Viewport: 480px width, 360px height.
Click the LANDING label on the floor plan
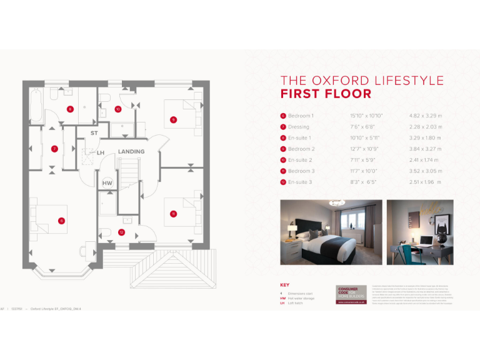[131, 151]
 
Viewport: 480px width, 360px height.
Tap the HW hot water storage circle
[107, 182]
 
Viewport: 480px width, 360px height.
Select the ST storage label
[94, 133]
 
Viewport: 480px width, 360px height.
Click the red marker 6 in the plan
[61, 220]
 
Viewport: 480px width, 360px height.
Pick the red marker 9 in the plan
[173, 119]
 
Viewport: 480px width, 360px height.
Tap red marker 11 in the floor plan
[173, 214]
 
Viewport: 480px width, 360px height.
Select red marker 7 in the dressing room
[54, 149]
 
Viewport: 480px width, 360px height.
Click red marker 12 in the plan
[121, 232]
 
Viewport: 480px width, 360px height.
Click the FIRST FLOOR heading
[326, 94]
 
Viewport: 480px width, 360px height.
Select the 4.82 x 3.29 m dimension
[425, 116]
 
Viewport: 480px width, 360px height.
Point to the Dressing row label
[298, 127]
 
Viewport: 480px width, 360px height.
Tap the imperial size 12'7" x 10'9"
[364, 149]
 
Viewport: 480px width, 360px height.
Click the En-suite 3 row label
[301, 182]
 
